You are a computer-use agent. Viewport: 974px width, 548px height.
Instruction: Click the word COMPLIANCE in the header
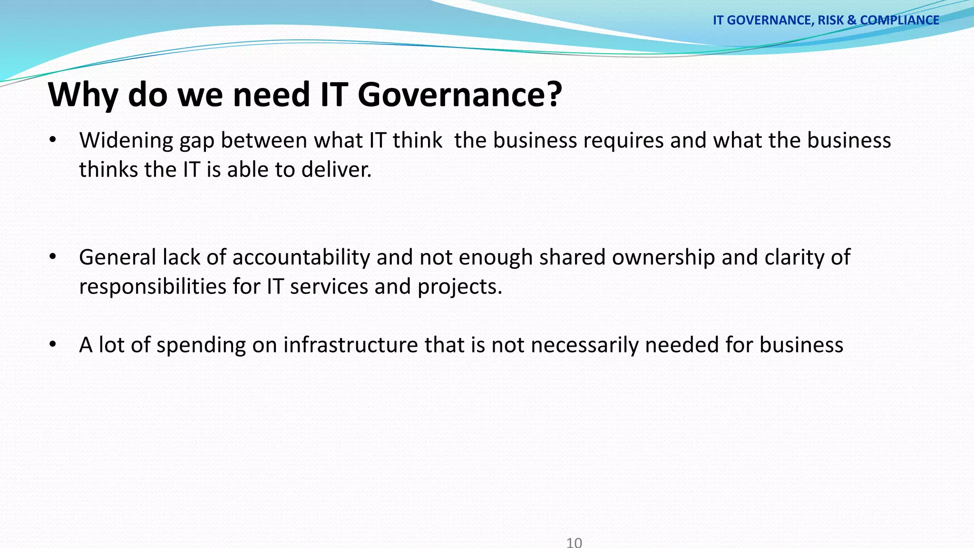[x=899, y=20]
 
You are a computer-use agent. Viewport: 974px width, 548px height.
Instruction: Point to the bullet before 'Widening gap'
[x=53, y=140]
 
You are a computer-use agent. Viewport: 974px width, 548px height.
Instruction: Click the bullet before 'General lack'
[x=53, y=257]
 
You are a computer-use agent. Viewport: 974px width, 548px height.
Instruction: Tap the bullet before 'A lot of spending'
[x=53, y=344]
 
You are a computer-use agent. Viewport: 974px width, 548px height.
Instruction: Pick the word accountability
[x=301, y=257]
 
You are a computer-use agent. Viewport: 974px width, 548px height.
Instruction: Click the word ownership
[x=663, y=257]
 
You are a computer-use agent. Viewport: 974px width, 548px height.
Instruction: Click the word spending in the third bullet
[x=201, y=345]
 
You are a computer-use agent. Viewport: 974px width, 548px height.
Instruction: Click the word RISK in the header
[x=830, y=20]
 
